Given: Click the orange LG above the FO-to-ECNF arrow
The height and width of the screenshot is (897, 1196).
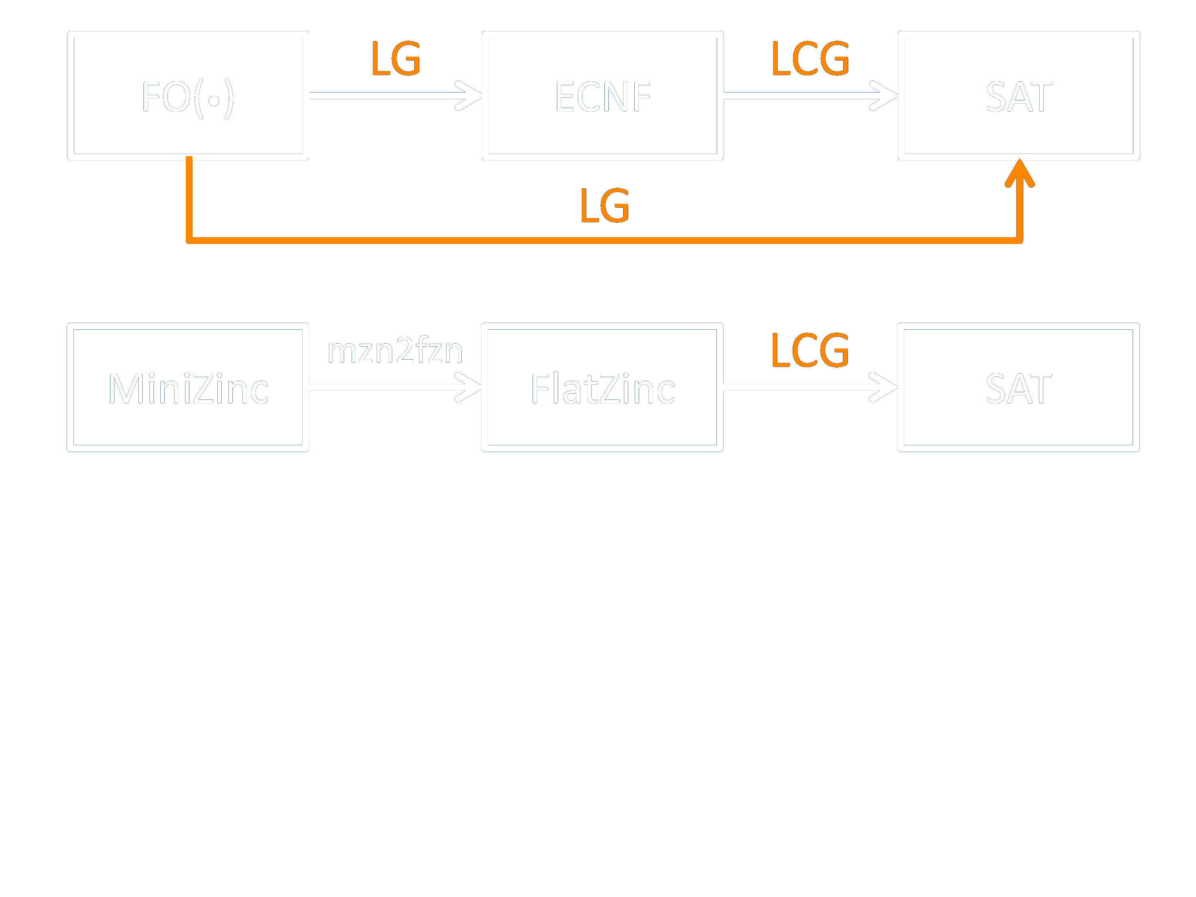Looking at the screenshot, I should click(396, 58).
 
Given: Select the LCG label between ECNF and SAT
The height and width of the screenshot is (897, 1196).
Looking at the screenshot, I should click(810, 58).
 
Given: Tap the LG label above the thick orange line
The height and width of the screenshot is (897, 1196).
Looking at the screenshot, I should click(604, 205).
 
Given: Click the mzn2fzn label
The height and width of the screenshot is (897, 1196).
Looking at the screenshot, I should click(395, 350).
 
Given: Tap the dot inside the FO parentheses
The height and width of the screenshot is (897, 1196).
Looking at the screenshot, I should click(214, 100).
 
